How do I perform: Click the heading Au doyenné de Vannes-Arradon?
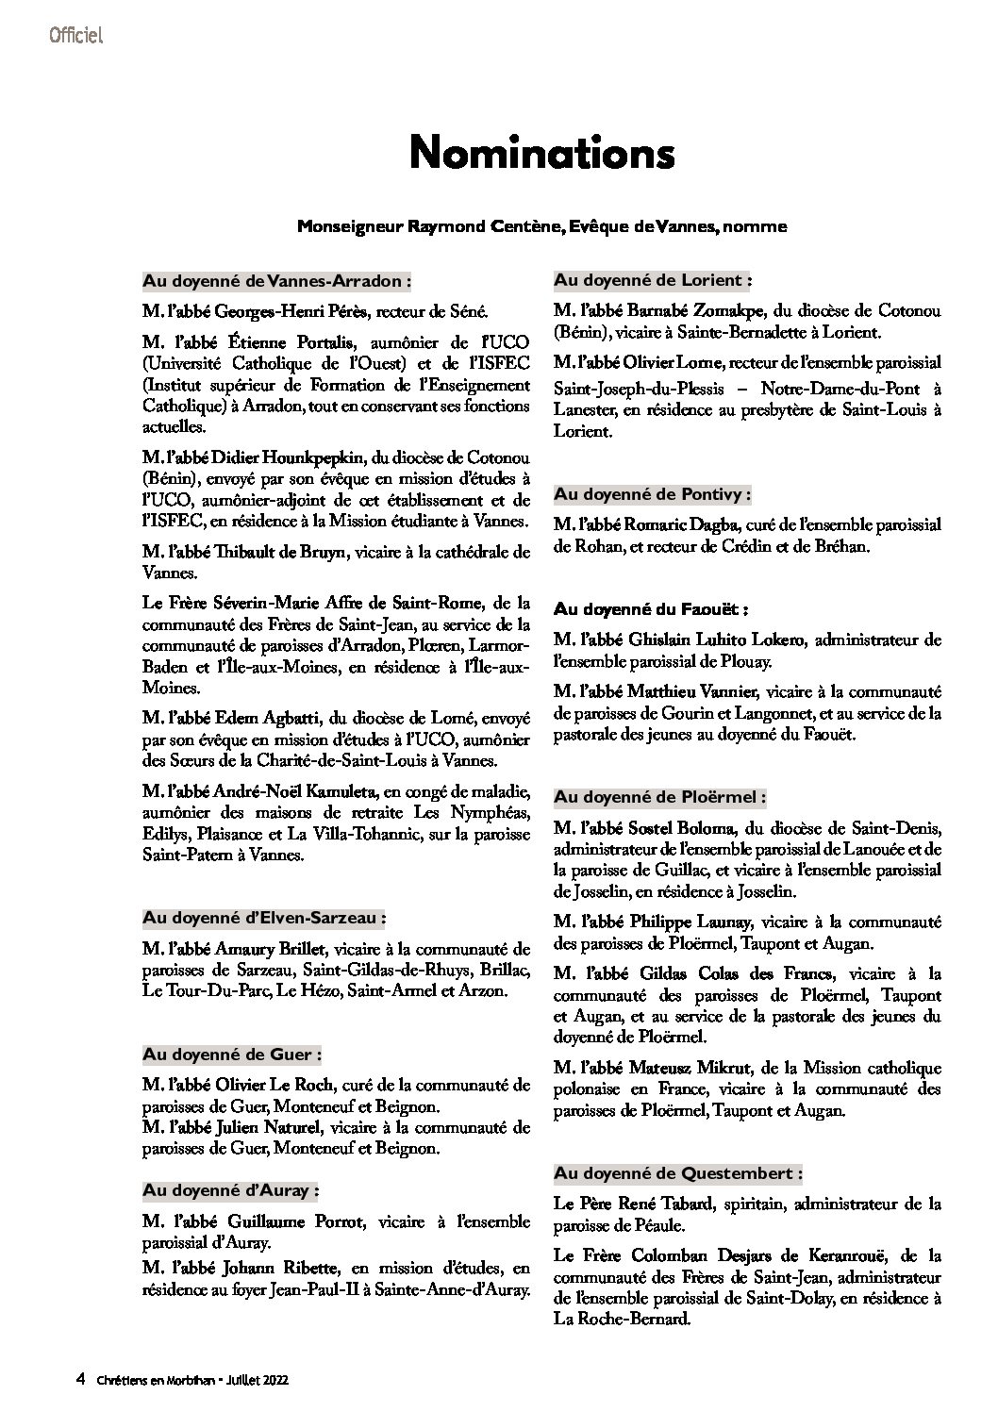pos(277,280)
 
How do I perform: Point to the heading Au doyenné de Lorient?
pos(653,280)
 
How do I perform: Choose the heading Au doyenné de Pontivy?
pos(653,493)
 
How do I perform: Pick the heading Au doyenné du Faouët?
pos(652,609)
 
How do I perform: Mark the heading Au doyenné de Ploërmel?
pos(660,797)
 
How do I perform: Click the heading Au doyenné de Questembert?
pos(679,1173)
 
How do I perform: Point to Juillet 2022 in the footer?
pos(255,1379)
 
